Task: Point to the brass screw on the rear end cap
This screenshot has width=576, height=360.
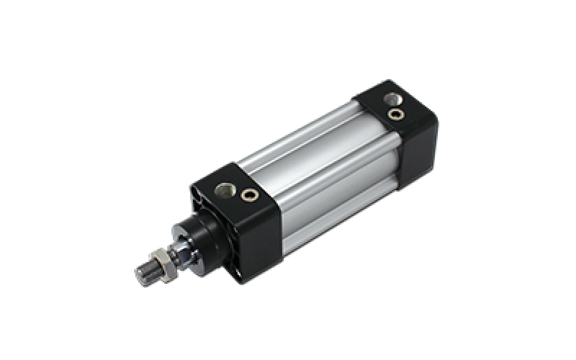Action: tap(394, 113)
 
